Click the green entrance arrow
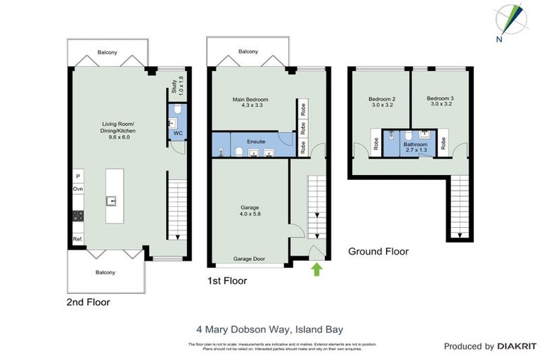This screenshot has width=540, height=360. (x=316, y=268)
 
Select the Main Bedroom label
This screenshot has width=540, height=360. (x=250, y=100)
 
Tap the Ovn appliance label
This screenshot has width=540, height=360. (x=78, y=189)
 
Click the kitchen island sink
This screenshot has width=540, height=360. (x=111, y=200)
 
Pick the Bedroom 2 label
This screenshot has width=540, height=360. (x=382, y=99)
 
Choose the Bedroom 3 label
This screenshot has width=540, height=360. (x=440, y=99)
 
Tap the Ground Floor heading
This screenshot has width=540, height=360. (x=378, y=251)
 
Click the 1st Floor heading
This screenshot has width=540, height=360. (x=227, y=281)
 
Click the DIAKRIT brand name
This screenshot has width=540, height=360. (x=517, y=347)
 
